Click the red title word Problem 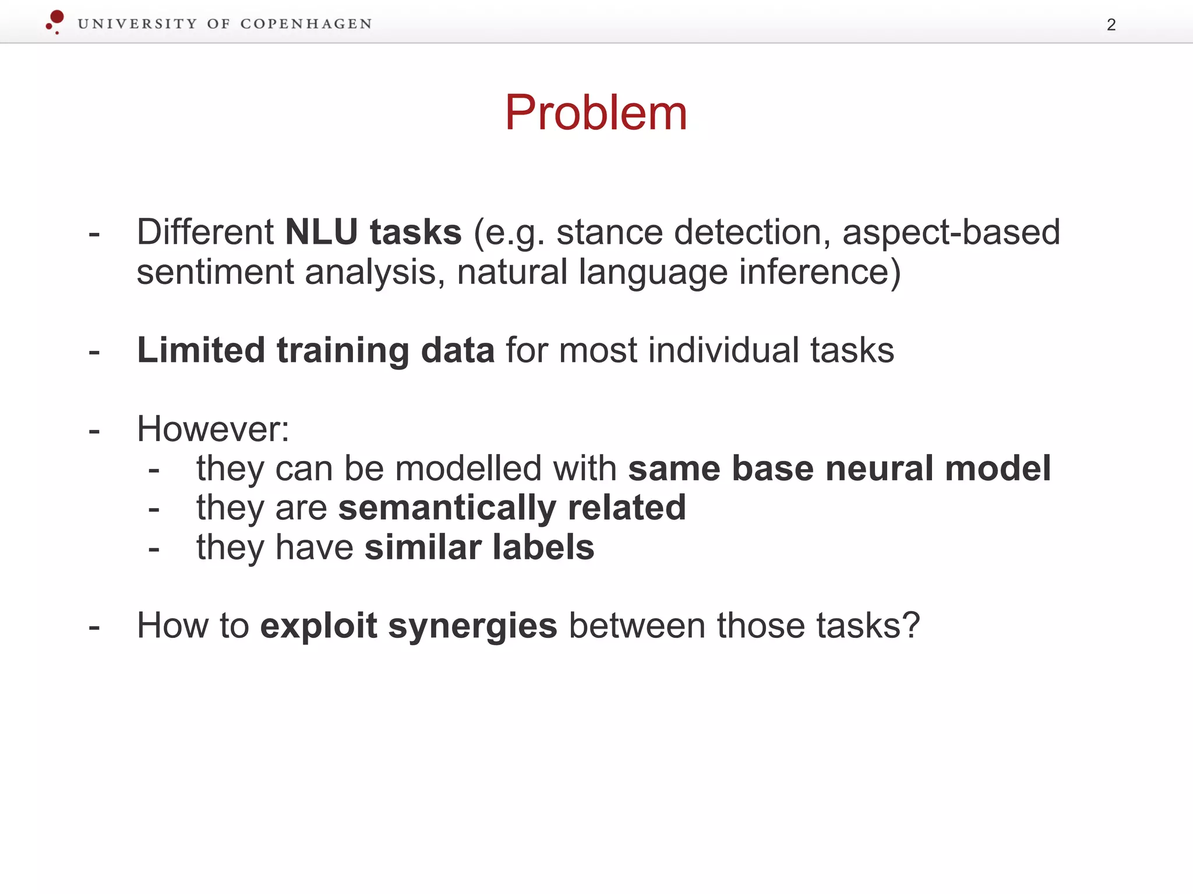[595, 113]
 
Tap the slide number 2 [1111, 25]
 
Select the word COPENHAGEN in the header [306, 24]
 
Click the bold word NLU [321, 232]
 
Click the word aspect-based [951, 232]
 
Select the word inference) [820, 272]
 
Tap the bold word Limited [201, 350]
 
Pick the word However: [213, 430]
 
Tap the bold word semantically [447, 508]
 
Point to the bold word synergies [472, 626]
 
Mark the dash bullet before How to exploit [94, 627]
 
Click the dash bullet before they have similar [154, 549]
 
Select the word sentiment [215, 272]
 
